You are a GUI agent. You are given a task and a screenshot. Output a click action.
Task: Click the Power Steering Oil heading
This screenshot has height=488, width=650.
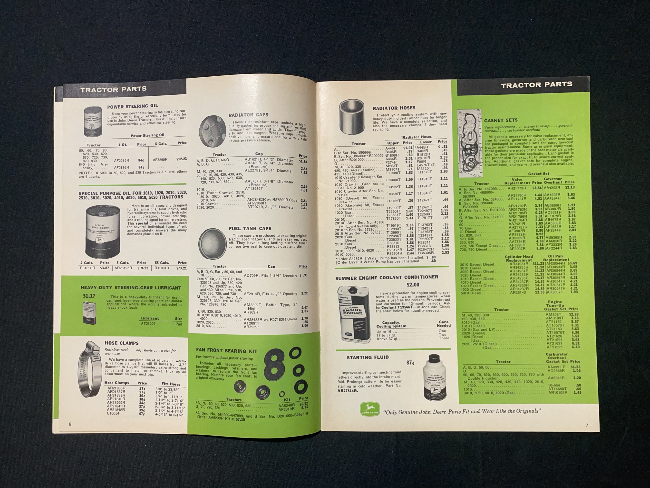pos(133,106)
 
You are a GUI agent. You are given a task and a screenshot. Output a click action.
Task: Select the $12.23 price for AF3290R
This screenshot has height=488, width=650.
pos(181,159)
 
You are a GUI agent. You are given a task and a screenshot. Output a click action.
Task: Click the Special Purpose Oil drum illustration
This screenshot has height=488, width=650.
pos(103,231)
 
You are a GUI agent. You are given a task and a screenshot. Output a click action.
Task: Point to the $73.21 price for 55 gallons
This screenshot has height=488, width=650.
pos(181,268)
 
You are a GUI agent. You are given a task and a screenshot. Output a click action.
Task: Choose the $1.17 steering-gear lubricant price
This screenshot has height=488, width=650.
pos(89,296)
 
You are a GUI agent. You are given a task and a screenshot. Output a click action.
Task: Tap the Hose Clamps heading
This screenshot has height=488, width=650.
pos(121,343)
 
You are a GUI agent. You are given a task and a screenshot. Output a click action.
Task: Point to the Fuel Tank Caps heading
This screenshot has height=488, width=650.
pos(250,229)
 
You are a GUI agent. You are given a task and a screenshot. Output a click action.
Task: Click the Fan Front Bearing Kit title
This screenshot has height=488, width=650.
pos(227,351)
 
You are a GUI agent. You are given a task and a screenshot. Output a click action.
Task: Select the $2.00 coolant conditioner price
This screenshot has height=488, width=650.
pos(413,285)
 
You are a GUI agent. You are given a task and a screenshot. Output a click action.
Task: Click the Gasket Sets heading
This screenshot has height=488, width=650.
pos(501,120)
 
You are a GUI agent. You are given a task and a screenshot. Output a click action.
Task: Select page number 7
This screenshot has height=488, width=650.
pos(587,425)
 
